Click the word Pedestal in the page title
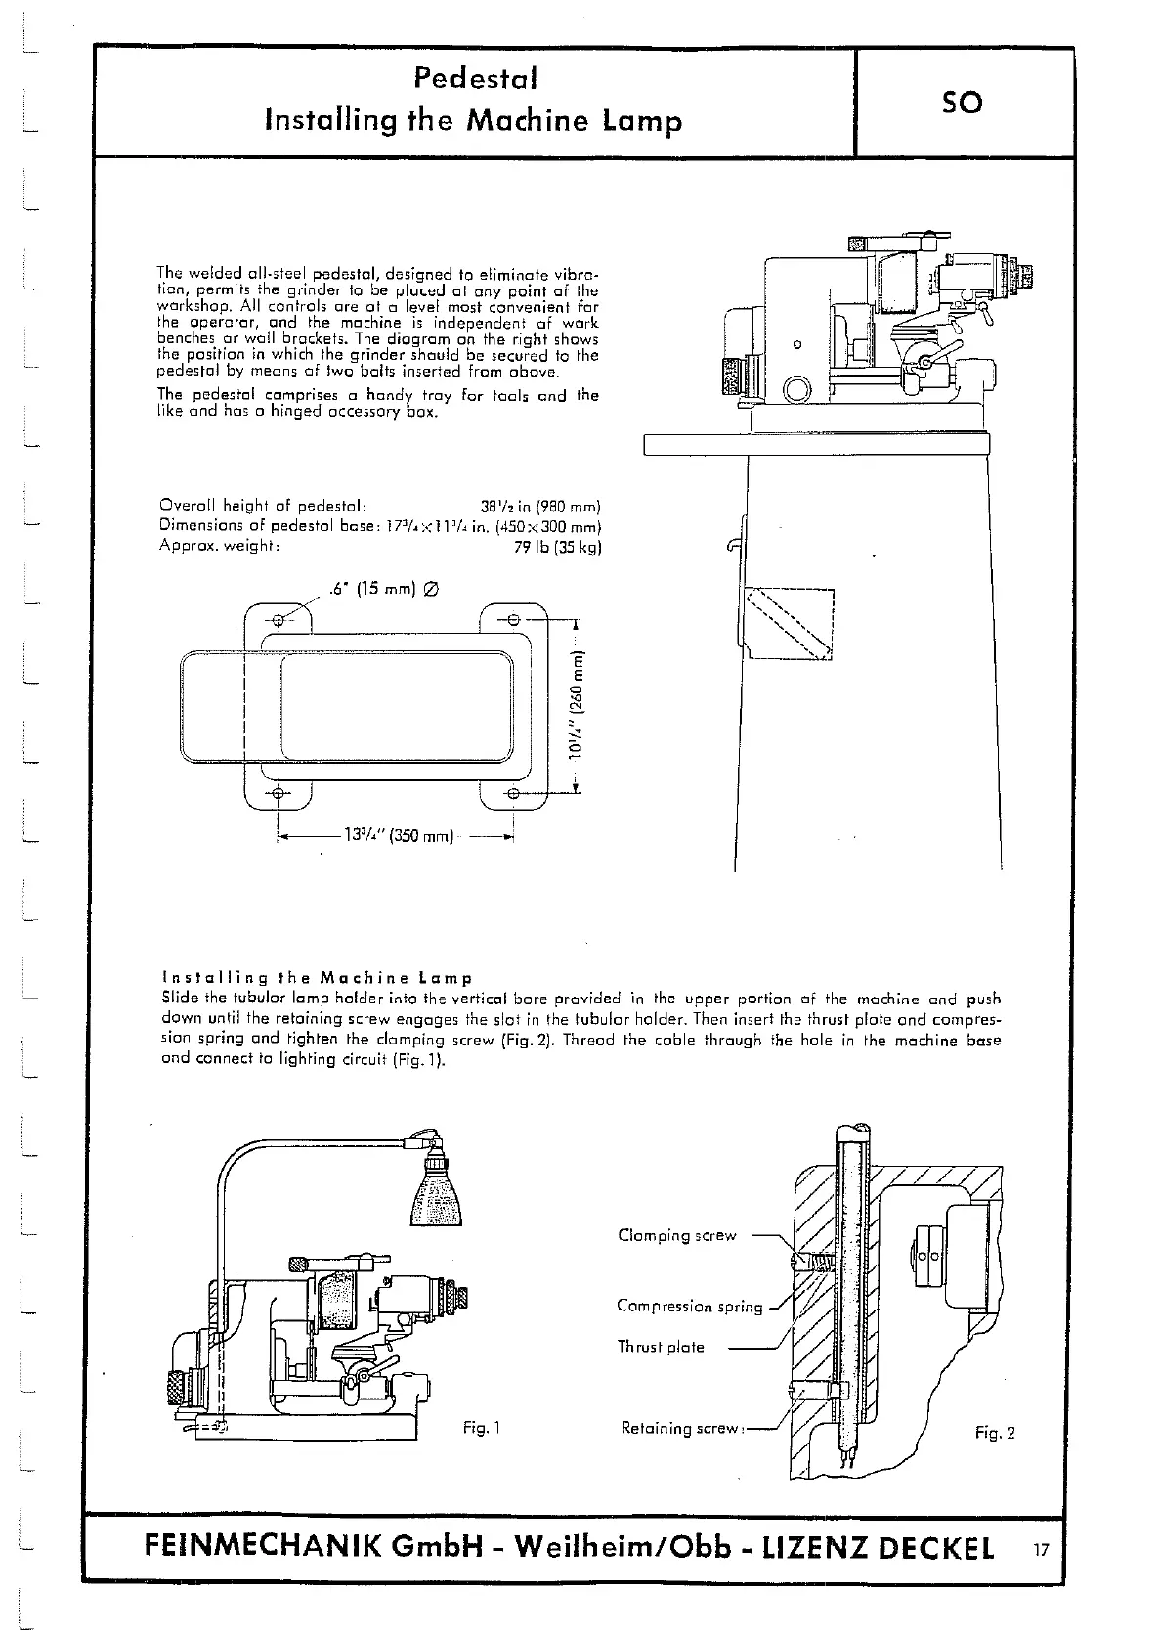[x=474, y=77]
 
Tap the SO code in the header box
[x=962, y=102]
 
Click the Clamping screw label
[x=676, y=1235]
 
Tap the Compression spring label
[x=689, y=1307]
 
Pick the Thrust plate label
[x=660, y=1347]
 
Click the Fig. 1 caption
[x=481, y=1429]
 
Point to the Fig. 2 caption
[x=995, y=1433]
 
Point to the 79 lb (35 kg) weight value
[x=557, y=548]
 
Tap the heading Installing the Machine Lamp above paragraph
[x=317, y=978]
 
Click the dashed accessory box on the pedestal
[x=789, y=624]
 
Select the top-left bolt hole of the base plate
[x=279, y=620]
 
